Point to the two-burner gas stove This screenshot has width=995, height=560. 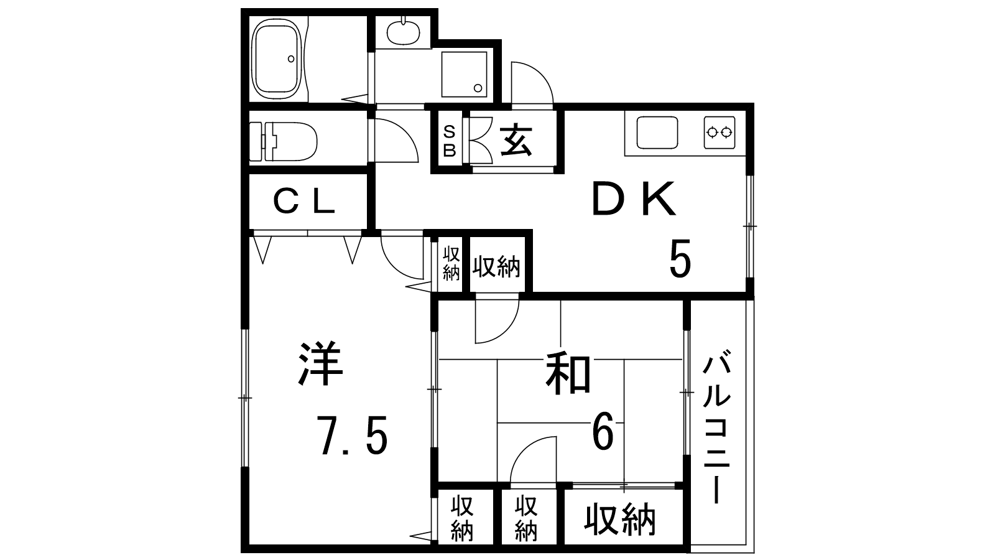click(720, 132)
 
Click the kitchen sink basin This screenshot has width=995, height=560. click(657, 132)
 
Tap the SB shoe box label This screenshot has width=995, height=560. click(449, 141)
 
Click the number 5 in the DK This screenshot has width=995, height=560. click(680, 260)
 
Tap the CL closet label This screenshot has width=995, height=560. click(305, 202)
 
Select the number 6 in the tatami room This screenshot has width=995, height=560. click(603, 433)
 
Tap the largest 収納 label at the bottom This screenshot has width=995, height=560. click(620, 520)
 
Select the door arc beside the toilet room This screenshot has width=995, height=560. click(396, 139)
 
